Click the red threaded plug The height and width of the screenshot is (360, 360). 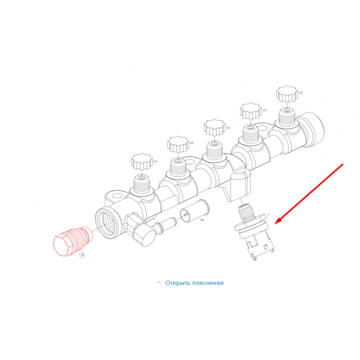click(x=72, y=241)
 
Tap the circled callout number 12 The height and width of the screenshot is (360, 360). click(x=82, y=255)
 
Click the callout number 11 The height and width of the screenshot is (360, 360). click(x=269, y=215)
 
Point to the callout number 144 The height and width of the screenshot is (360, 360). click(x=202, y=220)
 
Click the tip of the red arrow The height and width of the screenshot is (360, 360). click(x=275, y=224)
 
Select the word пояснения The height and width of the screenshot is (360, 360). click(x=208, y=283)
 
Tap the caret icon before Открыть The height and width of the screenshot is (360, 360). click(x=158, y=283)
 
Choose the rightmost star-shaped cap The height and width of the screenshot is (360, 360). click(x=287, y=94)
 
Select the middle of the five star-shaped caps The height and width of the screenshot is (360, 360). click(x=215, y=127)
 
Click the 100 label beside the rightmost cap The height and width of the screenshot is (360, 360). click(x=301, y=93)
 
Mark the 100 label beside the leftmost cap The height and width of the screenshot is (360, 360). click(x=155, y=162)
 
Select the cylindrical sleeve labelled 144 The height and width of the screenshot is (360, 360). click(x=195, y=211)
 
